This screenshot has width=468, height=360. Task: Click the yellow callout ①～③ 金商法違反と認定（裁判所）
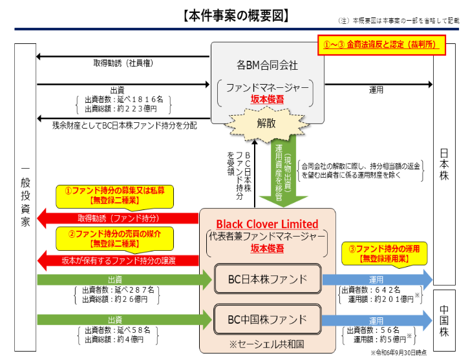[380, 47]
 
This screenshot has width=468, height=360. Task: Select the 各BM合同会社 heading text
[267, 65]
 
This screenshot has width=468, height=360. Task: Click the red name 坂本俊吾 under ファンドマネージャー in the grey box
[267, 99]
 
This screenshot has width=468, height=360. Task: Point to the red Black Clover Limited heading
[267, 224]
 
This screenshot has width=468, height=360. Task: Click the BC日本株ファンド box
[267, 279]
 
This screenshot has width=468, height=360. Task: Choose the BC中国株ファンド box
[267, 319]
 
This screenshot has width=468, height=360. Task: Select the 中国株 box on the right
[445, 319]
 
